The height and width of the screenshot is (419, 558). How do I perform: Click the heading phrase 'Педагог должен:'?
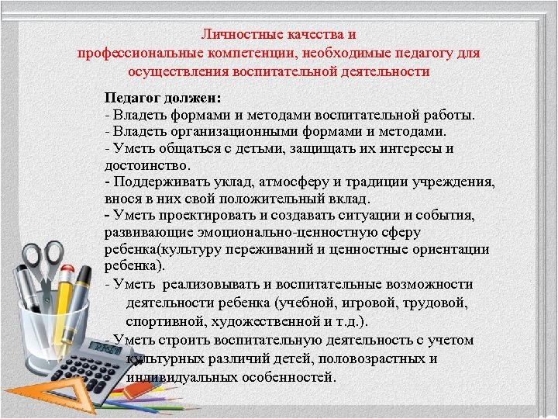pyautogui.click(x=163, y=99)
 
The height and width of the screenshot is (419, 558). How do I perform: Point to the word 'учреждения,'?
pyautogui.click(x=456, y=182)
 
